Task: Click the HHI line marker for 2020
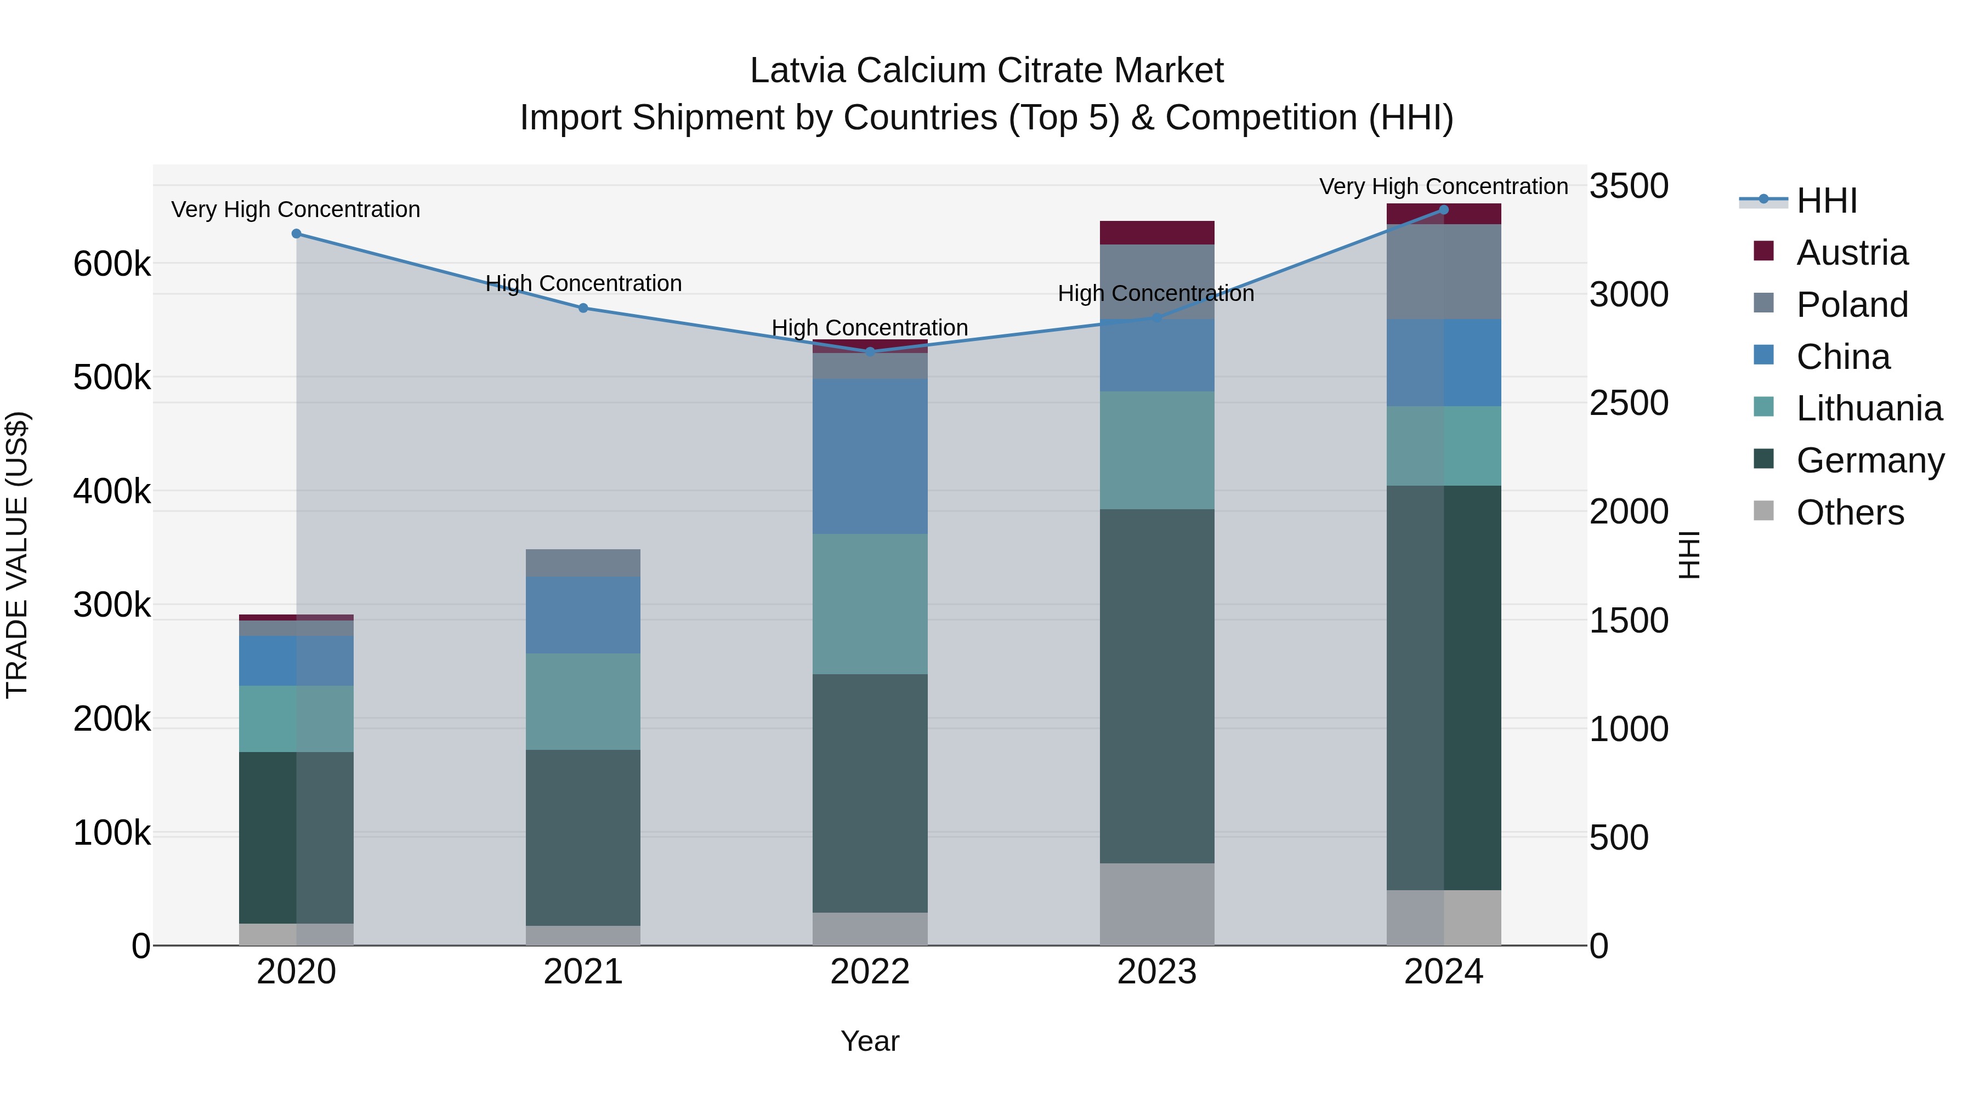click(x=297, y=234)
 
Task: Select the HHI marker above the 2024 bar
click(x=1444, y=209)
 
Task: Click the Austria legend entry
click(x=1851, y=253)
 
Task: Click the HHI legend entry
click(x=1826, y=201)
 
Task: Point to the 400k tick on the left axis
click(x=112, y=491)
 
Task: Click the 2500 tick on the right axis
click(x=1629, y=403)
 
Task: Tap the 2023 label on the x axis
click(x=1156, y=972)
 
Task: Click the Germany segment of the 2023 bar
click(x=1156, y=686)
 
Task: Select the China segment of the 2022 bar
click(x=870, y=456)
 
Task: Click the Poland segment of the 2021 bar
click(x=583, y=563)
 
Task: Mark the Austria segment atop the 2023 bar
click(x=1156, y=233)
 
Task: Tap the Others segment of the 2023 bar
click(x=1156, y=904)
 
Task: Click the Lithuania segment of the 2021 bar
click(x=583, y=701)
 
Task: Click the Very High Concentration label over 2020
click(x=296, y=209)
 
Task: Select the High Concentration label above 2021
click(x=583, y=283)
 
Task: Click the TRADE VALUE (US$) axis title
click(x=17, y=555)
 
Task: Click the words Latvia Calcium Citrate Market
click(x=986, y=71)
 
